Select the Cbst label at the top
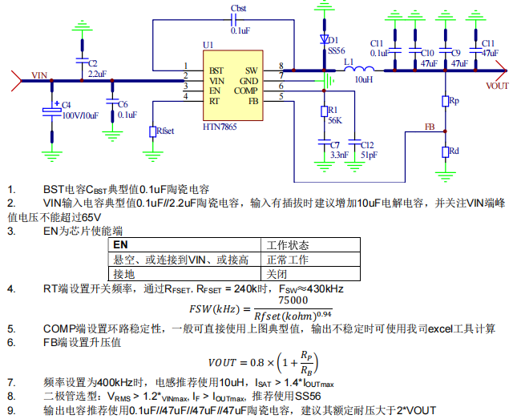pyautogui.click(x=238, y=7)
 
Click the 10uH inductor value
pyautogui.click(x=364, y=80)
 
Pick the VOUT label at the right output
pyautogui.click(x=498, y=85)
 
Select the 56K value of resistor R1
pyautogui.click(x=335, y=120)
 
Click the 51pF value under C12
pyautogui.click(x=369, y=155)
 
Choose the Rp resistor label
pyautogui.click(x=454, y=101)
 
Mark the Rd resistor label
pyautogui.click(x=454, y=151)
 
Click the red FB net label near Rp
pyautogui.click(x=430, y=127)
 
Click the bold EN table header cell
pyautogui.click(x=120, y=245)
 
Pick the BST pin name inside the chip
pyautogui.click(x=216, y=71)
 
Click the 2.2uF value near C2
pyautogui.click(x=98, y=73)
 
